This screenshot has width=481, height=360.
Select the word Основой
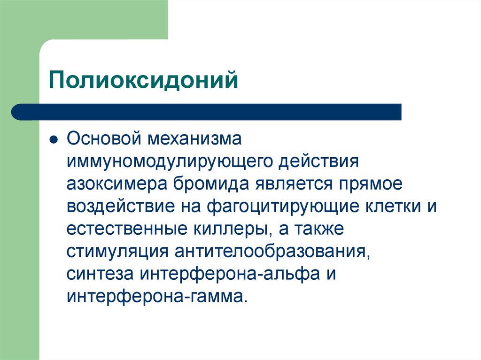104,139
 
